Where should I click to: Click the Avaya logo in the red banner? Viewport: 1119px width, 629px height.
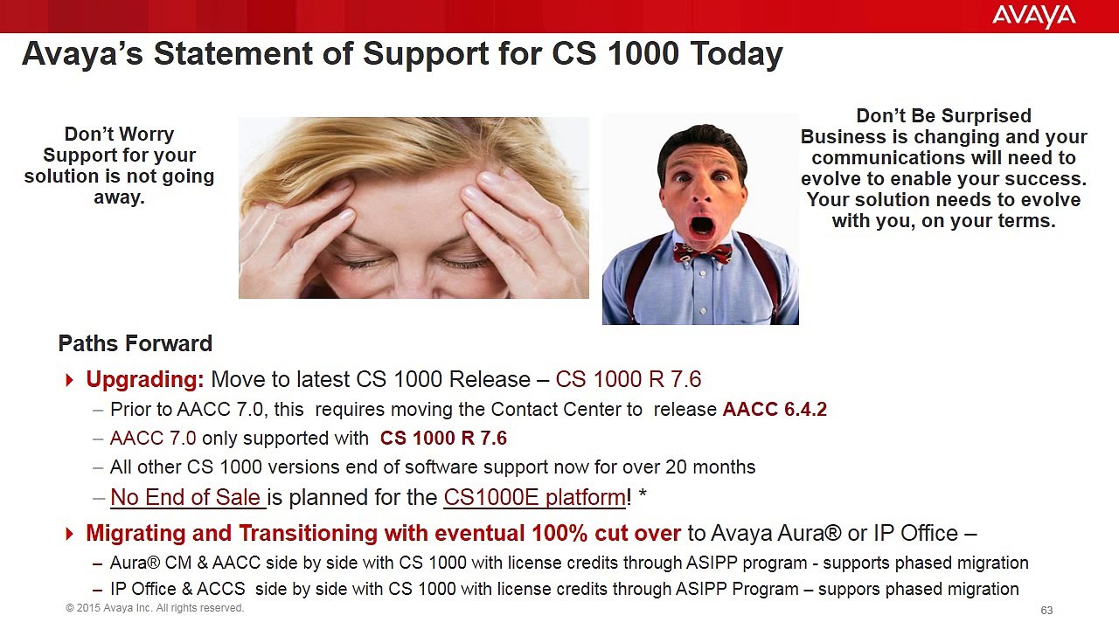pyautogui.click(x=1033, y=16)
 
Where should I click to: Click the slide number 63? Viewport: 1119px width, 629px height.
pyautogui.click(x=1046, y=610)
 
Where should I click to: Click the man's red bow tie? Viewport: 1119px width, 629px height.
pyautogui.click(x=702, y=253)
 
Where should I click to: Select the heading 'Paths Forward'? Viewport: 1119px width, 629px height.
pyautogui.click(x=135, y=343)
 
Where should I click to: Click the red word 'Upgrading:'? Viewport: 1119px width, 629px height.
pyautogui.click(x=144, y=379)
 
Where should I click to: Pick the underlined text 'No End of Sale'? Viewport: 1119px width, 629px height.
pyautogui.click(x=186, y=497)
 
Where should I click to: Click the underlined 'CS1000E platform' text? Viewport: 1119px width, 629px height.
pyautogui.click(x=534, y=497)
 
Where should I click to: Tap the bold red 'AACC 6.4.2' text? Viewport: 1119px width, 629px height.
pyautogui.click(x=775, y=409)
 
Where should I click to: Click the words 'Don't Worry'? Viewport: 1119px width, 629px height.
pyautogui.click(x=119, y=135)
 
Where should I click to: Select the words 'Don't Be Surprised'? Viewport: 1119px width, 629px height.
pyautogui.click(x=943, y=116)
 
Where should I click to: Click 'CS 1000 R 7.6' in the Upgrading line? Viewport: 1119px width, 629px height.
pyautogui.click(x=628, y=379)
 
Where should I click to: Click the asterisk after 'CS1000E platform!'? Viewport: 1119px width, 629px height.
pyautogui.click(x=643, y=495)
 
